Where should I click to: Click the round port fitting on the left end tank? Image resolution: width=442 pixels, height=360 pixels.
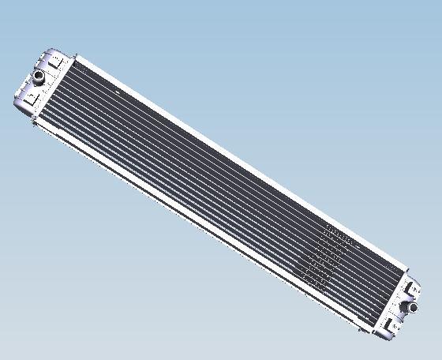point(38,77)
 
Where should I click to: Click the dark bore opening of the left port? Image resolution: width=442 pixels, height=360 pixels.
point(37,76)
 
